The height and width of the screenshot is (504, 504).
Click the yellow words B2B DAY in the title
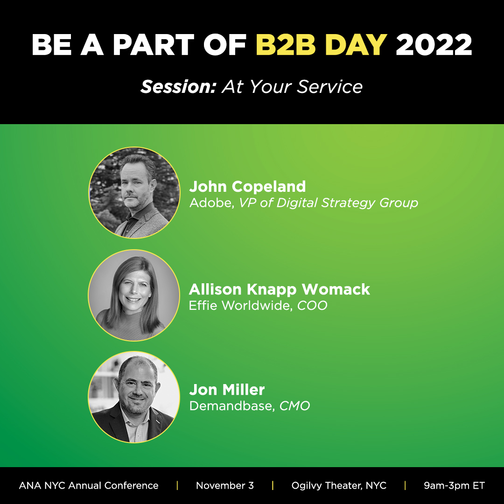click(322, 45)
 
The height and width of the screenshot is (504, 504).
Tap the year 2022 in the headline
click(434, 45)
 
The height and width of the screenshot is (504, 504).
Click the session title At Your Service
click(292, 87)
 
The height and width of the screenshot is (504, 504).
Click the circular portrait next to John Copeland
click(134, 192)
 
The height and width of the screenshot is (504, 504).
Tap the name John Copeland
click(247, 187)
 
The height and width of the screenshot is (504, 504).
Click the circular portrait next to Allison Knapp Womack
click(134, 295)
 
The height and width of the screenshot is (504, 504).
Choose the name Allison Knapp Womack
click(279, 289)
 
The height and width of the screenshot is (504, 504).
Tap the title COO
click(312, 306)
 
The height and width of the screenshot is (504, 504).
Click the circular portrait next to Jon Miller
click(134, 397)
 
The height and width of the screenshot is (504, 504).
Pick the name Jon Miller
click(227, 390)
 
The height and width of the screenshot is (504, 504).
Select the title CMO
click(294, 406)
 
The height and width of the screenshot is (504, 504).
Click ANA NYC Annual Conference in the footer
click(89, 486)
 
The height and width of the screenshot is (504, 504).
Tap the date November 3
click(225, 486)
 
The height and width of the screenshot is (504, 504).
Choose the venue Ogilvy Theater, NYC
click(339, 486)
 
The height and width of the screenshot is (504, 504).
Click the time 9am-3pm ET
click(454, 486)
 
